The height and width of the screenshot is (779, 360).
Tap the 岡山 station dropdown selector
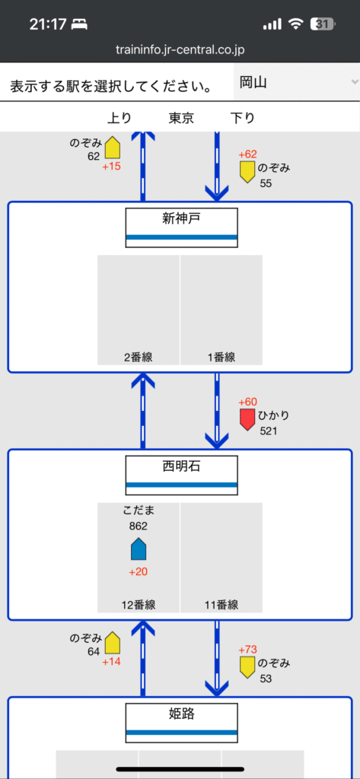pos(296,82)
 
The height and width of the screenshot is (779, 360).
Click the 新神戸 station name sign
pos(181,227)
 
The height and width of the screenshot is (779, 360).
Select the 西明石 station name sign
pos(181,475)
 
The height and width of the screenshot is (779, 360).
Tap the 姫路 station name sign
pos(181,723)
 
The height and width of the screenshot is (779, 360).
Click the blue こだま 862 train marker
pos(139,549)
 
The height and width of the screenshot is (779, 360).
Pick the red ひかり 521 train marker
pos(247,419)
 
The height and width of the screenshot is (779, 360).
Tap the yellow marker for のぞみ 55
pos(247,171)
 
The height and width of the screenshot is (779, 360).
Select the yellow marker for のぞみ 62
pos(113,148)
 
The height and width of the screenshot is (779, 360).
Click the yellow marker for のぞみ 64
pos(113,643)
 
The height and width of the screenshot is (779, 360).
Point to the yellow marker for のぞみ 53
pos(247,666)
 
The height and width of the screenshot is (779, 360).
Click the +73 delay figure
pos(247,650)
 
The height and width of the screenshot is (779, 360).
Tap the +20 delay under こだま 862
pos(139,572)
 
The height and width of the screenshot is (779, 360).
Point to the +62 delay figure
pos(247,154)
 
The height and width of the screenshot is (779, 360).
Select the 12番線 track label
pos(139,605)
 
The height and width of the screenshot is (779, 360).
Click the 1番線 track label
pos(221,358)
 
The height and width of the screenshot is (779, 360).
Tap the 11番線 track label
pos(221,605)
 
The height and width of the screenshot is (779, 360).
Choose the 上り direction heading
pos(119,118)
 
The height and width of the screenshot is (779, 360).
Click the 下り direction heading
pos(243,118)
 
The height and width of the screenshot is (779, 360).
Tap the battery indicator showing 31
pos(323,24)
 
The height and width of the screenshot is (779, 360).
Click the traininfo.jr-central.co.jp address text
pos(180,49)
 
